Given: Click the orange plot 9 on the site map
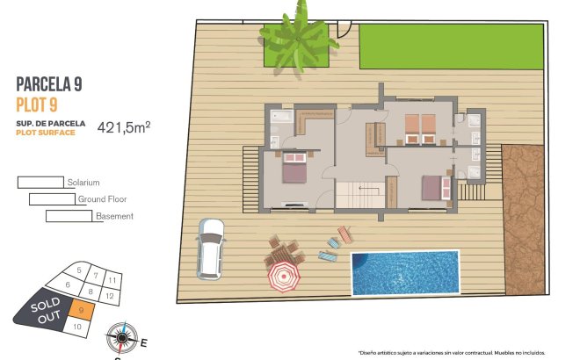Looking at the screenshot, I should click(80, 309).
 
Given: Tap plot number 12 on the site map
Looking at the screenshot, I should click(110, 296).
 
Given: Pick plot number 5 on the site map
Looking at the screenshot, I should click(79, 270).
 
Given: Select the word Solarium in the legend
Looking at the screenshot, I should click(83, 183).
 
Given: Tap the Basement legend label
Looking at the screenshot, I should click(115, 216).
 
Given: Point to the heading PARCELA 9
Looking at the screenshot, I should click(51, 85).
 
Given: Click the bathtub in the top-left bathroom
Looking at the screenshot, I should click(283, 115).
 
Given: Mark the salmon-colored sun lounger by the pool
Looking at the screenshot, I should click(344, 234).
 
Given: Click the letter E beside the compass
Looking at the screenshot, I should click(144, 343).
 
